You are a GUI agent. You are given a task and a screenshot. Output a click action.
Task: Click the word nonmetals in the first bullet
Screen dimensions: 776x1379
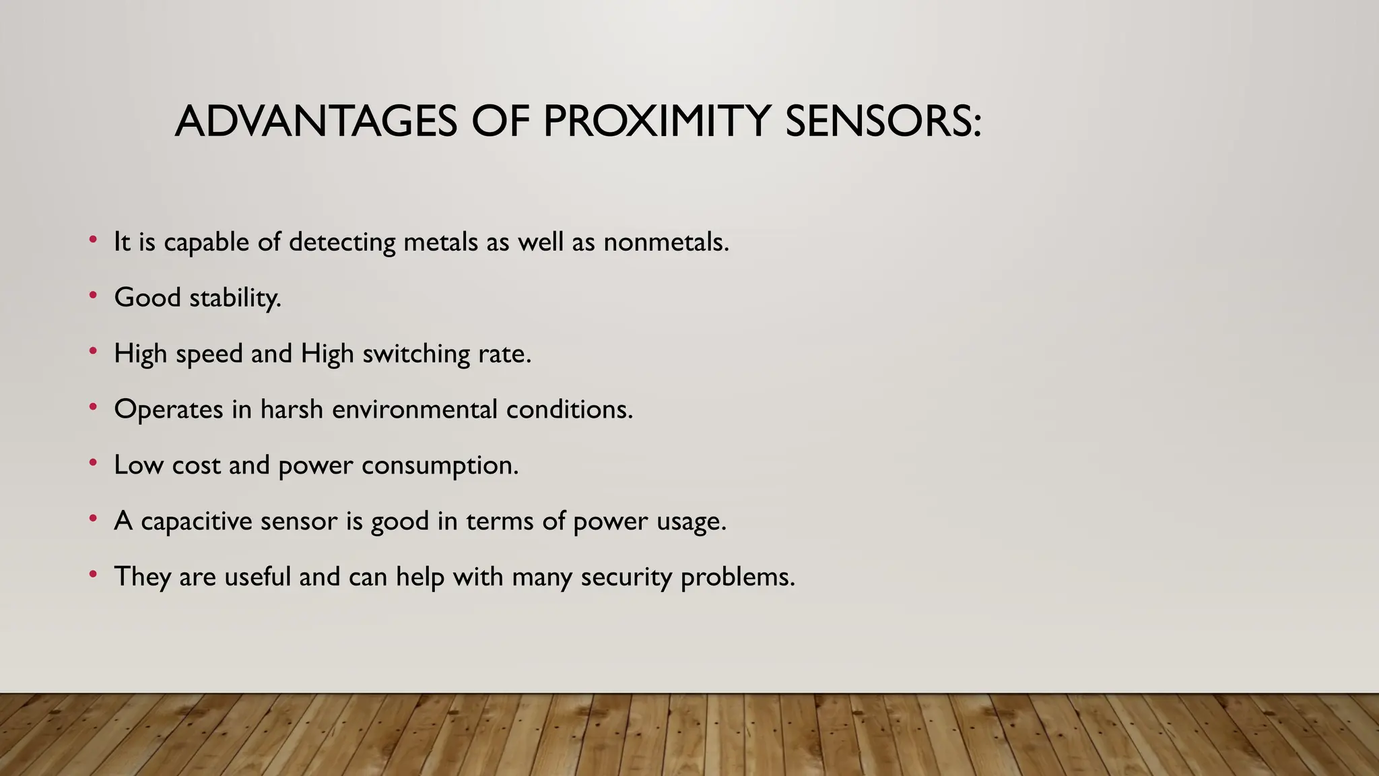[x=666, y=242]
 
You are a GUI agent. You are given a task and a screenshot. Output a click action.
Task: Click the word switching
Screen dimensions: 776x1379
[x=416, y=354]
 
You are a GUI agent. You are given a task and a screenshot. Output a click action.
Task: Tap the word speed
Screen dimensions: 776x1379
[x=209, y=354]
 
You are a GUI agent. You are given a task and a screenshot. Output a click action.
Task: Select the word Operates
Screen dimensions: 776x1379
[x=168, y=410]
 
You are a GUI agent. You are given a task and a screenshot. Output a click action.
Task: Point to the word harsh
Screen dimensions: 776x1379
[x=292, y=410]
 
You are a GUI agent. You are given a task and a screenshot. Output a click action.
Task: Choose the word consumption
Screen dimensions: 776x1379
[x=440, y=465]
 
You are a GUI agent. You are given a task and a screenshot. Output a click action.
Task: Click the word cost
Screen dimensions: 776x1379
[x=196, y=465]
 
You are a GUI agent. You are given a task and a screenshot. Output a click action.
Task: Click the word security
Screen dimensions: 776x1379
[x=626, y=577]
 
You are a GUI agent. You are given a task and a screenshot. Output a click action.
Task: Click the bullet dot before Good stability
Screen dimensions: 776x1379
[x=93, y=295]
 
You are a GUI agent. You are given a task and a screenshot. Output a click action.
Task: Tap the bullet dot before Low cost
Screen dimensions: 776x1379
[x=93, y=463]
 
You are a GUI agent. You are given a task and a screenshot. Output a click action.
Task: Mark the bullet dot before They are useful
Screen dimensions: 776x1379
[x=93, y=575]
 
